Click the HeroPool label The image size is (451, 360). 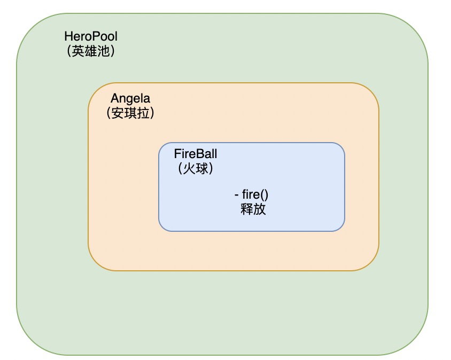90,36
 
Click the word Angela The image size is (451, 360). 130,98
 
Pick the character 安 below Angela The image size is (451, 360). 117,113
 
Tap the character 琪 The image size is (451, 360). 130,113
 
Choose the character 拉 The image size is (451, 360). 143,113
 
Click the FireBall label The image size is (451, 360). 196,154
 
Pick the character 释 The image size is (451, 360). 246,209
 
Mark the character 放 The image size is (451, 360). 260,209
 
